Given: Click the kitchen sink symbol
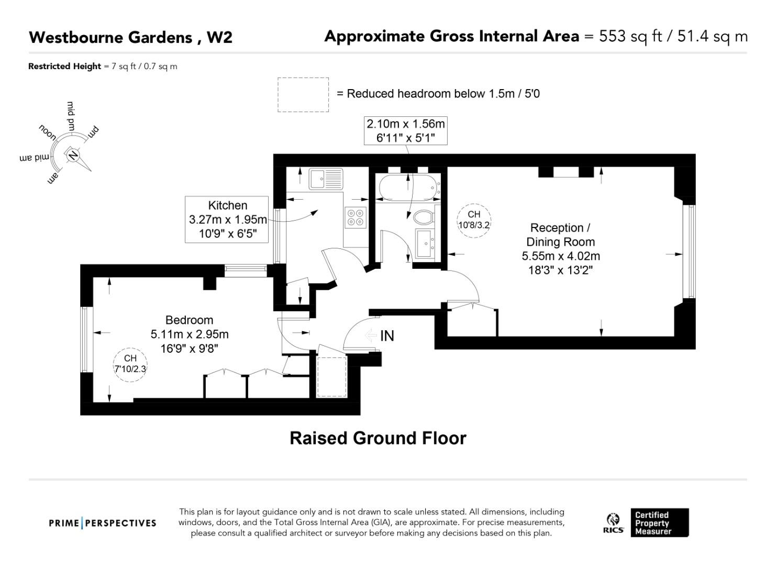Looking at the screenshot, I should [325, 179].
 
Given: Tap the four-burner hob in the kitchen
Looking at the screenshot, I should [354, 217].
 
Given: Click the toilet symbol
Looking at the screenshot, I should [424, 216].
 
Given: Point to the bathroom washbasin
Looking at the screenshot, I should [425, 243].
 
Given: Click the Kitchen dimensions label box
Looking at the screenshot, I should [227, 220].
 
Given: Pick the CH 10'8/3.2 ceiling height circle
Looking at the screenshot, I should [474, 221].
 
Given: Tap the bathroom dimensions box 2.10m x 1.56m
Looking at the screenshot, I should [406, 130].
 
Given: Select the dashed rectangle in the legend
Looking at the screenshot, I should [303, 95].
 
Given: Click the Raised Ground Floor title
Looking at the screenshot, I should [378, 438].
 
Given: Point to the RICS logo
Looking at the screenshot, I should [613, 523].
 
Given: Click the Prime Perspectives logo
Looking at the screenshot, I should [103, 523].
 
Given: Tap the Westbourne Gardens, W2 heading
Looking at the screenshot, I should [130, 37].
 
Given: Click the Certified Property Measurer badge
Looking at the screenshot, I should [659, 523].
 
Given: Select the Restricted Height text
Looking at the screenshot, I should [103, 67].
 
